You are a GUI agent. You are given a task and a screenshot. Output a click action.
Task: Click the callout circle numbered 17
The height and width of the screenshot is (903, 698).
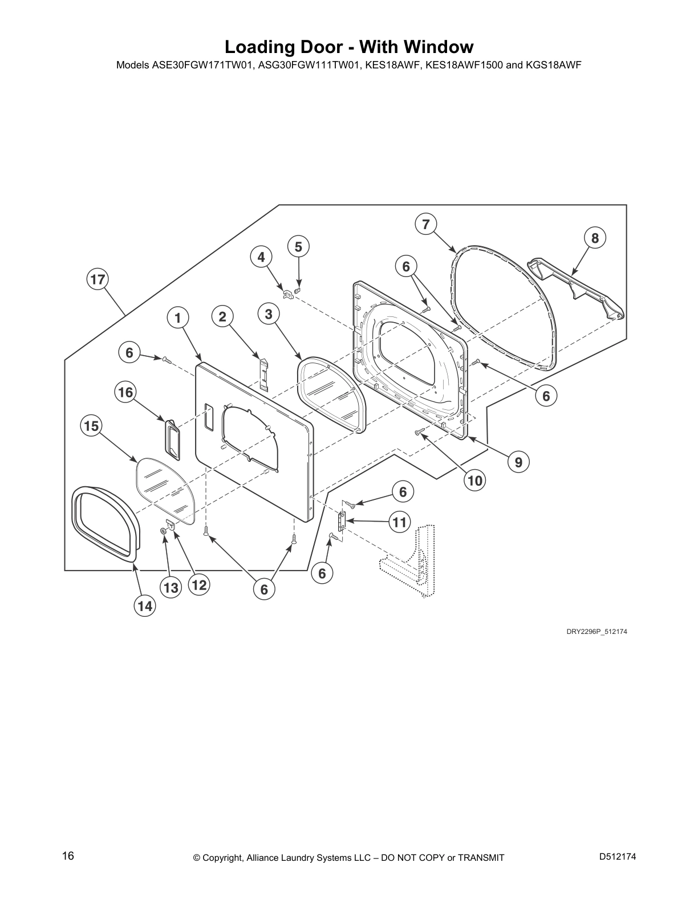98,279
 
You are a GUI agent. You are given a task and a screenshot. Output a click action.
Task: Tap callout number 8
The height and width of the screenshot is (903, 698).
595,238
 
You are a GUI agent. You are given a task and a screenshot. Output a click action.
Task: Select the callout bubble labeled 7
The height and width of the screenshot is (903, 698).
426,225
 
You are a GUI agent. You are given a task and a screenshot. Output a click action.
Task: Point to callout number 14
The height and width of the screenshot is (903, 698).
145,607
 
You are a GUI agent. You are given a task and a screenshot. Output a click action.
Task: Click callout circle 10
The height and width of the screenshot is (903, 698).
475,481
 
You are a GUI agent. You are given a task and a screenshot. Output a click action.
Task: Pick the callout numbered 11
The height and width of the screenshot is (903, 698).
400,522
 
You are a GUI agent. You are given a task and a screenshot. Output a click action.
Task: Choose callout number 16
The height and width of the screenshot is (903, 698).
125,392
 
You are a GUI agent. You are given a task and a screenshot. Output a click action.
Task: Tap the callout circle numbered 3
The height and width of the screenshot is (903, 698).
269,314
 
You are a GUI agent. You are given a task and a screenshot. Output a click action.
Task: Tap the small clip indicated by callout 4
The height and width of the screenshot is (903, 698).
287,294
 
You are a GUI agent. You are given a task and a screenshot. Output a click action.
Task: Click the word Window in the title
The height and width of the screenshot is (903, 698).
437,47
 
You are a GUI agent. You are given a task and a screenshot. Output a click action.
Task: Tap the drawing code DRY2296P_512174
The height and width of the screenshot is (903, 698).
596,632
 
